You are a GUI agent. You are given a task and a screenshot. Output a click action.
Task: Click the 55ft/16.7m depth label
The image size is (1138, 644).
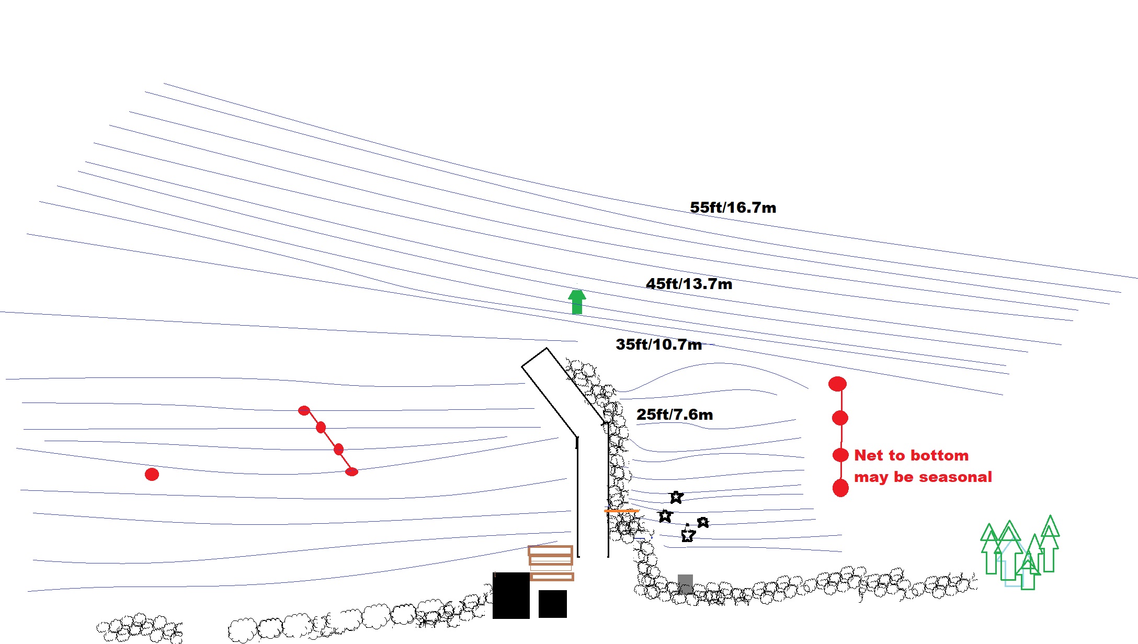click(733, 208)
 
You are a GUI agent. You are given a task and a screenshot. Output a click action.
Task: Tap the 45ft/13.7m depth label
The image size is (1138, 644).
click(689, 284)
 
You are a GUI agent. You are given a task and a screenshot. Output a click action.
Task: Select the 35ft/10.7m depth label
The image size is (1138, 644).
click(658, 344)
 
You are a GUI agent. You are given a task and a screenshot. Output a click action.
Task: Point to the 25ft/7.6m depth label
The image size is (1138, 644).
click(675, 415)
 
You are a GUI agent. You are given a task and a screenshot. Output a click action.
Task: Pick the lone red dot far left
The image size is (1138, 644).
click(152, 474)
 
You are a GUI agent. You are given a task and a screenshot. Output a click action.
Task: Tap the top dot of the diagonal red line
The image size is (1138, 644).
click(304, 410)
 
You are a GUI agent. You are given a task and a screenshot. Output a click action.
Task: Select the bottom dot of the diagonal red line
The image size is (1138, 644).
click(351, 471)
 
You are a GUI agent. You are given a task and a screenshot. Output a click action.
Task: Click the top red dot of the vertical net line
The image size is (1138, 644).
click(837, 384)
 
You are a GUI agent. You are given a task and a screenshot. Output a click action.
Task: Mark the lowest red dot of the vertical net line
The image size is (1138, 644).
click(840, 488)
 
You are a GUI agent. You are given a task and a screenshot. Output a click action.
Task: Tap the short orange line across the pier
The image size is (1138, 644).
click(621, 511)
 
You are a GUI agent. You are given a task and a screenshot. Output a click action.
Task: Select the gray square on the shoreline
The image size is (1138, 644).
click(685, 583)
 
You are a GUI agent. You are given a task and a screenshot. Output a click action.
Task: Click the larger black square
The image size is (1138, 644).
click(511, 595)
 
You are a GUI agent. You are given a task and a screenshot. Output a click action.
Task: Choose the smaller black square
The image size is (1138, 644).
click(552, 604)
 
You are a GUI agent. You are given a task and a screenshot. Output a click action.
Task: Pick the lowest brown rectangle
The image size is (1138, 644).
click(552, 577)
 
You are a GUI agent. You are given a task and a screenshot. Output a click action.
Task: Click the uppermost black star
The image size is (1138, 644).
click(676, 497)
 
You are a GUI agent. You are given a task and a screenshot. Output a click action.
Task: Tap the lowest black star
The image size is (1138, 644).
click(688, 535)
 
